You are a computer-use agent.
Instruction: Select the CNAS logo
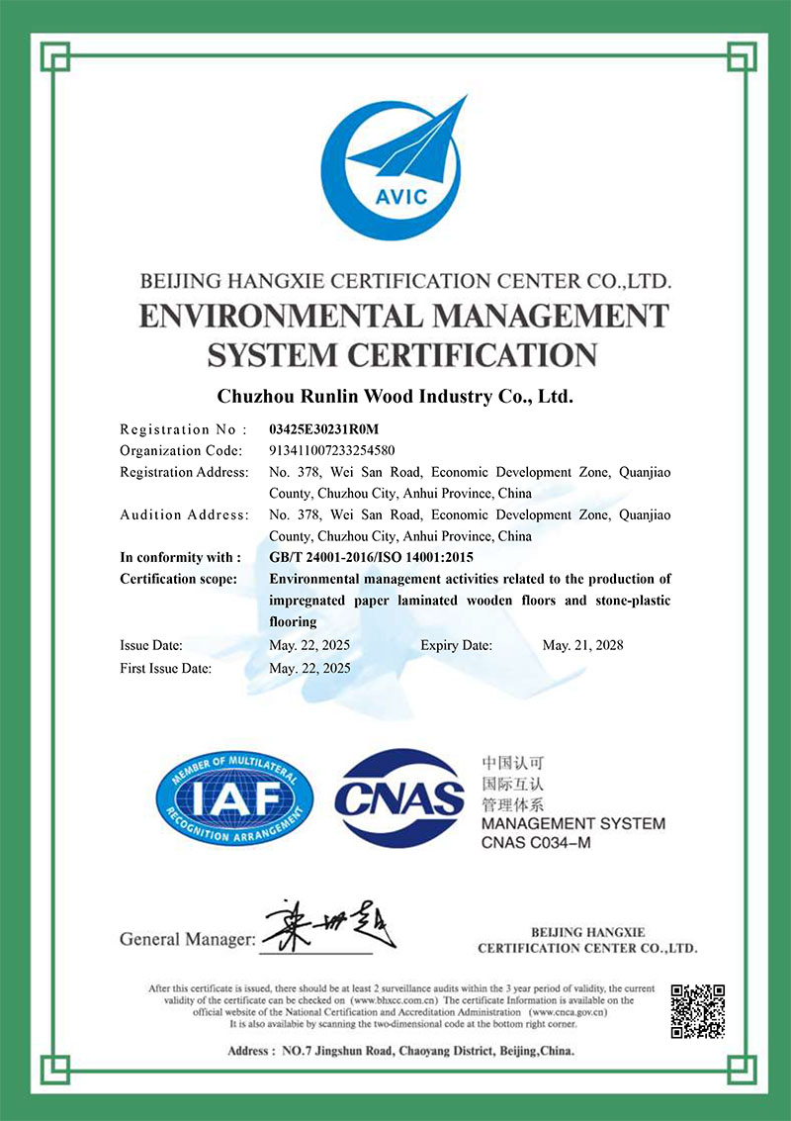pos(399,796)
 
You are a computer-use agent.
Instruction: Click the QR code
pos(698,1010)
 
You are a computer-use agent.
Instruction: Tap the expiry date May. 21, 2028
pos(583,645)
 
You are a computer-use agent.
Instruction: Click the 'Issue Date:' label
pos(151,645)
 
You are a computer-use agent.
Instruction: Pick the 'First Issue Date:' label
pos(165,668)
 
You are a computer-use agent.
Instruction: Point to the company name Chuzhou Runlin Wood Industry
pos(395,397)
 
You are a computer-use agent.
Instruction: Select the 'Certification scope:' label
pos(178,579)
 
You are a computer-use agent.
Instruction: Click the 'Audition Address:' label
pos(184,514)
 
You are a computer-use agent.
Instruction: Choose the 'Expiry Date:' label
pos(456,645)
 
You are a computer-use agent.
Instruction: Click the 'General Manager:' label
pos(187,938)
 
